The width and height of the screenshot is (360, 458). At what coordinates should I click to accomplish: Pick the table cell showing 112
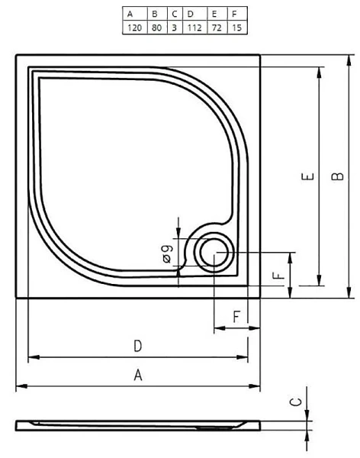click(x=191, y=27)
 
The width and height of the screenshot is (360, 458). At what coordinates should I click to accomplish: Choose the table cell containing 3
click(x=172, y=27)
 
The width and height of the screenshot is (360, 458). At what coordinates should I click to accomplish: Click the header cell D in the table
click(x=191, y=14)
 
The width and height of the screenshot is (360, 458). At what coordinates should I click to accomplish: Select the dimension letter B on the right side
click(x=337, y=177)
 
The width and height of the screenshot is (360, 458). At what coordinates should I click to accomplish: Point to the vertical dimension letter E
click(x=307, y=178)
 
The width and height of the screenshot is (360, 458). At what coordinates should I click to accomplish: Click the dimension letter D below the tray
click(x=137, y=346)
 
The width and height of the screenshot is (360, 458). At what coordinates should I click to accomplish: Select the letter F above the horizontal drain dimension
click(x=236, y=316)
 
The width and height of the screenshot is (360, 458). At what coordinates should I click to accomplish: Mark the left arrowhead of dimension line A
click(x=20, y=386)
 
